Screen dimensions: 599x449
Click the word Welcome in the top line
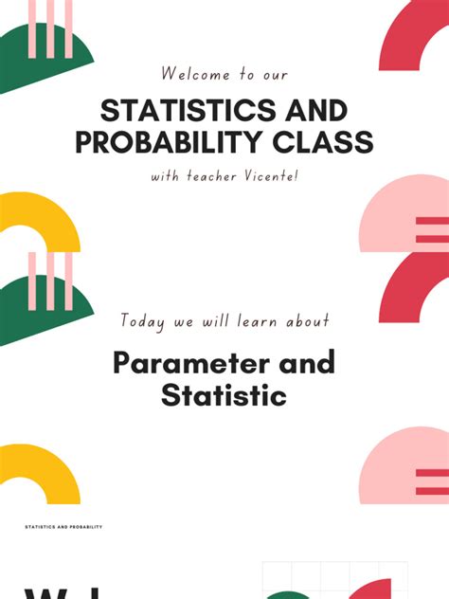pos(190,74)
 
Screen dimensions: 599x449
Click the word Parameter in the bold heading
pos(181,362)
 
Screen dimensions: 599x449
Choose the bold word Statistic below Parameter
pos(224,394)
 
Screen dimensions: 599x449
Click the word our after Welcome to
pos(274,74)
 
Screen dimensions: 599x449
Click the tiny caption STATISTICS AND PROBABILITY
pos(63,527)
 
